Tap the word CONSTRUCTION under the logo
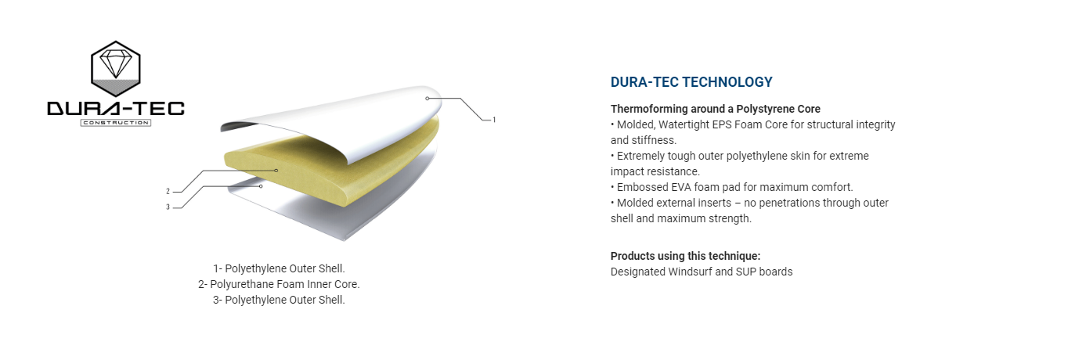116,123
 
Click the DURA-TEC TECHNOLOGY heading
691,82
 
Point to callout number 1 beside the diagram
494,120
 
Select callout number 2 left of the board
168,192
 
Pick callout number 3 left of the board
168,207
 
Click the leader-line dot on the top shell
427,99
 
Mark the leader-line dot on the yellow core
276,171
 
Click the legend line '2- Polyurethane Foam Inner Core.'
279,284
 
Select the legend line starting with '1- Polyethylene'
279,268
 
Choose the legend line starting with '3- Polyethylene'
279,300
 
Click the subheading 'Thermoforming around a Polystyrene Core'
715,109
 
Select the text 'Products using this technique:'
685,256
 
